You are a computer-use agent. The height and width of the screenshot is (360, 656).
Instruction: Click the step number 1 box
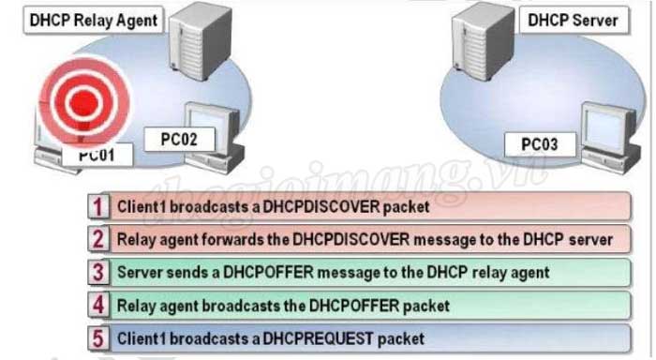click(x=97, y=205)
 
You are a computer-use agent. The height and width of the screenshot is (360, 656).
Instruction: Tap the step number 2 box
click(x=97, y=238)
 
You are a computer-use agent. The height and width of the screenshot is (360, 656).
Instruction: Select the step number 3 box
click(x=97, y=272)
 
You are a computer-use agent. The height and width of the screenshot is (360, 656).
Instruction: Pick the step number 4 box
click(x=97, y=305)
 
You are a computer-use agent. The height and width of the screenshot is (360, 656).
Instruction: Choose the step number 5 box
click(x=97, y=337)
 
